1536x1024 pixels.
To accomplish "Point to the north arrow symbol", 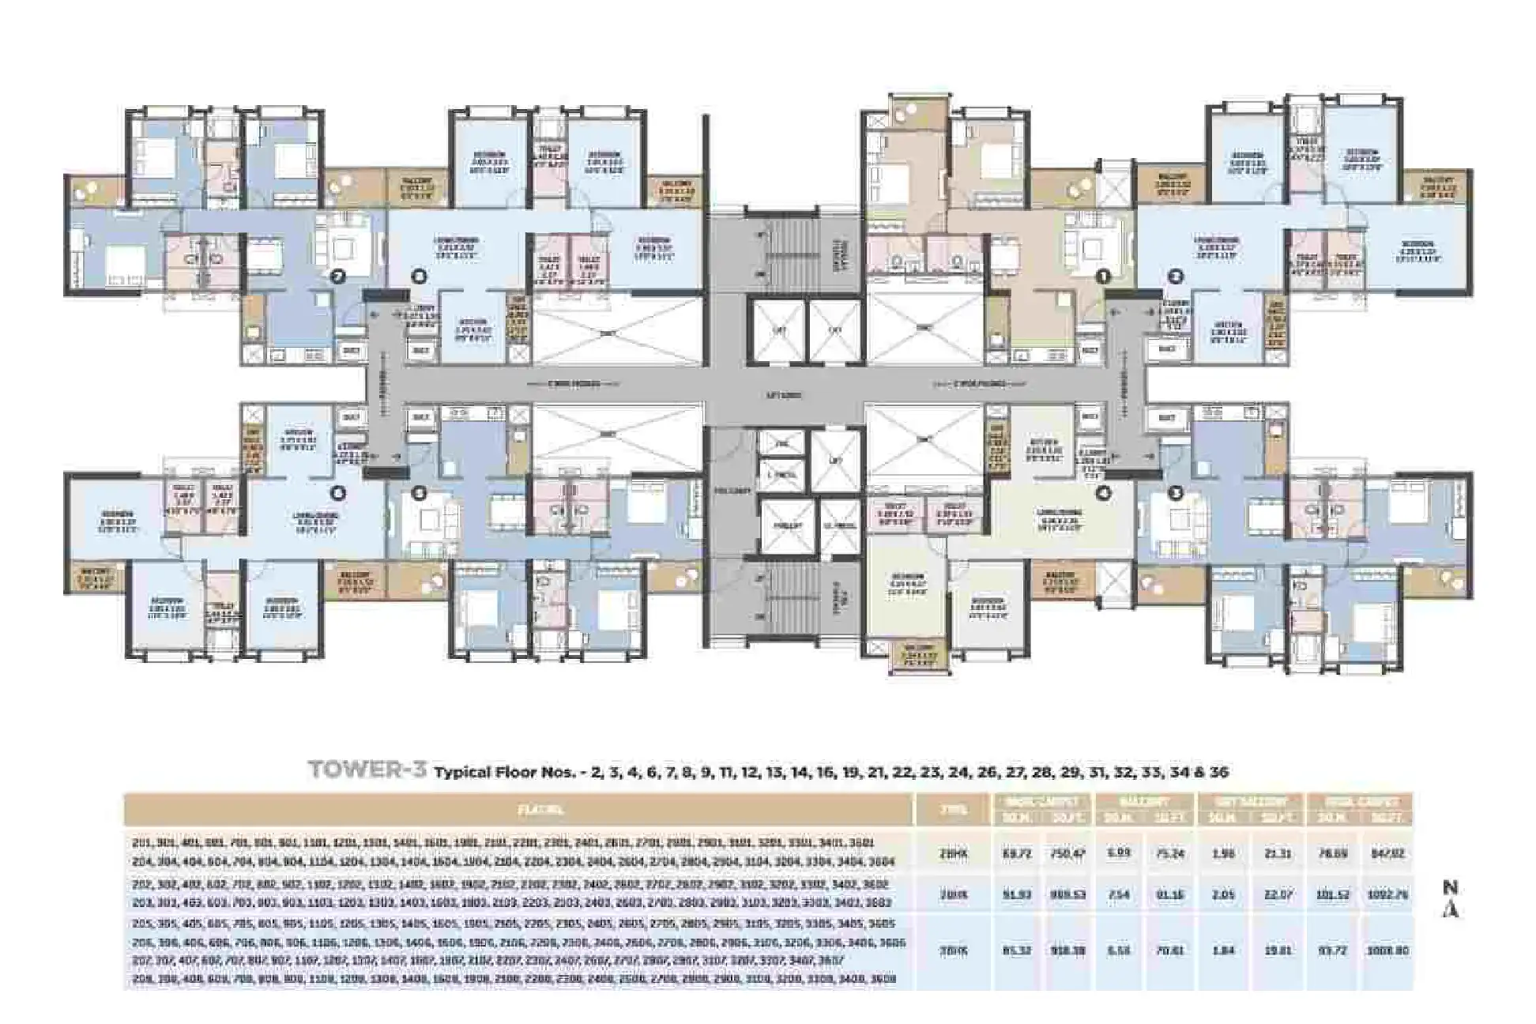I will click(1450, 901).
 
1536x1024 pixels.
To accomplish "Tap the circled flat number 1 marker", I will click(1103, 277).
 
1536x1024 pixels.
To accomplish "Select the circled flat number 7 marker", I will click(339, 277).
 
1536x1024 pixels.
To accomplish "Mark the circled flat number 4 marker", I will click(1103, 493).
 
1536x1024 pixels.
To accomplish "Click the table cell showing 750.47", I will click(1067, 854).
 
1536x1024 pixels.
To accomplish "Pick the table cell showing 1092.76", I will click(1387, 895).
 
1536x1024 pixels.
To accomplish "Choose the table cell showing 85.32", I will click(1016, 951).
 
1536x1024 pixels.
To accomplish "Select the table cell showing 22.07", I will click(1277, 895).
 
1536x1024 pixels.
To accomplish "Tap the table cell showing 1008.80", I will click(1387, 951).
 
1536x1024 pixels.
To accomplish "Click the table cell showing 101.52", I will click(1333, 895).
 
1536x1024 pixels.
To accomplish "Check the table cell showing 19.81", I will click(1277, 951).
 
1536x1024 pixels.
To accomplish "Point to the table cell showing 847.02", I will click(1387, 854).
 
